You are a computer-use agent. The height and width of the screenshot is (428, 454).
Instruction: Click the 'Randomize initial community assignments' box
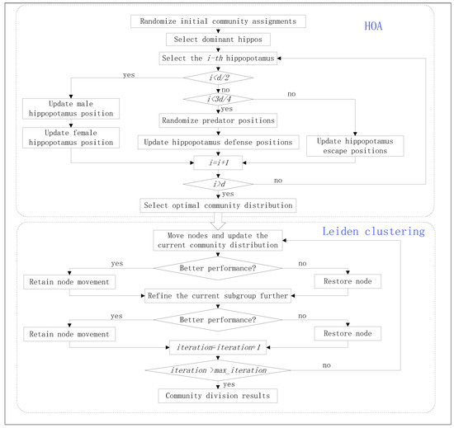[219, 21]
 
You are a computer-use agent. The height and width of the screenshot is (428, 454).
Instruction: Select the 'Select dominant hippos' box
[219, 39]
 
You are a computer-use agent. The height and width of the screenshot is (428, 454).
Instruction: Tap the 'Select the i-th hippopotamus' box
[219, 59]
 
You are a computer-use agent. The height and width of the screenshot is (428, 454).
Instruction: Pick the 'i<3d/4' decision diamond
[219, 100]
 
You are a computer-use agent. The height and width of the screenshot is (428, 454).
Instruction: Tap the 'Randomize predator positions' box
[219, 120]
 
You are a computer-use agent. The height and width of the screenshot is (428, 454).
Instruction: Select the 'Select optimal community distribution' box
[219, 204]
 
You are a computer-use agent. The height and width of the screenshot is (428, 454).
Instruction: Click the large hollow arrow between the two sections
[219, 220]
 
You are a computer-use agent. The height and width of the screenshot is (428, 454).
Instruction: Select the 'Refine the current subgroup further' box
[219, 295]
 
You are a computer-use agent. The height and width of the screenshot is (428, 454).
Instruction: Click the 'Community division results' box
[219, 397]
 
